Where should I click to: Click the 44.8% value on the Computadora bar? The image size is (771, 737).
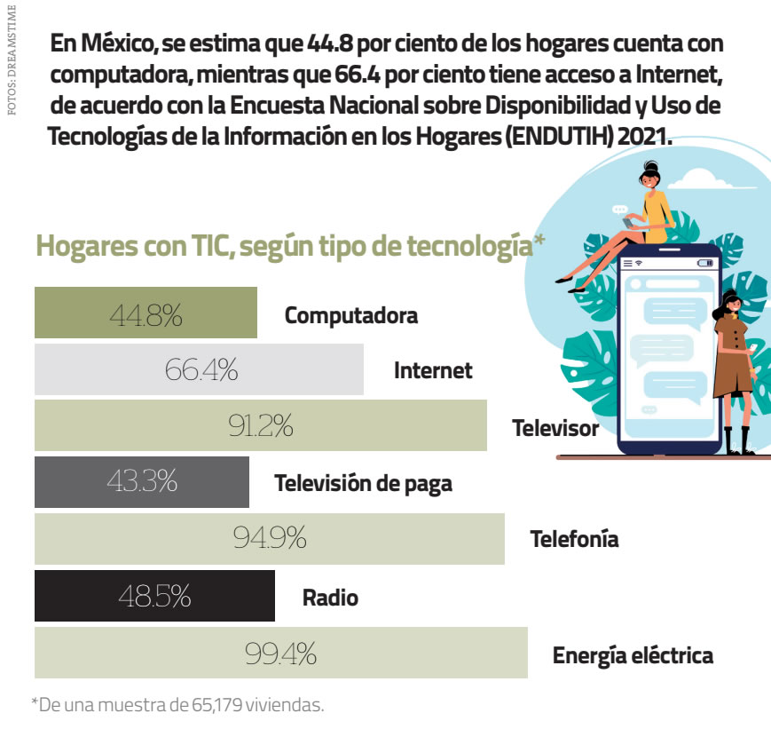point(146,313)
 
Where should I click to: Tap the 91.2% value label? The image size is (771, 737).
point(260,426)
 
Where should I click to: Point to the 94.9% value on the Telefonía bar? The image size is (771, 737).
point(270,538)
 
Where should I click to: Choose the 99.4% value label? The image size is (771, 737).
point(280,654)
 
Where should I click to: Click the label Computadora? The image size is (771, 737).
point(350,315)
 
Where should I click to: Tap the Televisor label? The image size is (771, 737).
point(555,428)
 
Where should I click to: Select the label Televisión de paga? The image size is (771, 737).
point(363,484)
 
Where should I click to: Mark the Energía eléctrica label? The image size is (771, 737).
point(633,656)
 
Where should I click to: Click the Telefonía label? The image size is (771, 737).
point(574,539)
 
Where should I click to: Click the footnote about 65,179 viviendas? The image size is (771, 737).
point(178,706)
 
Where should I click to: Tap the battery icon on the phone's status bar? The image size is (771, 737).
point(705,264)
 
